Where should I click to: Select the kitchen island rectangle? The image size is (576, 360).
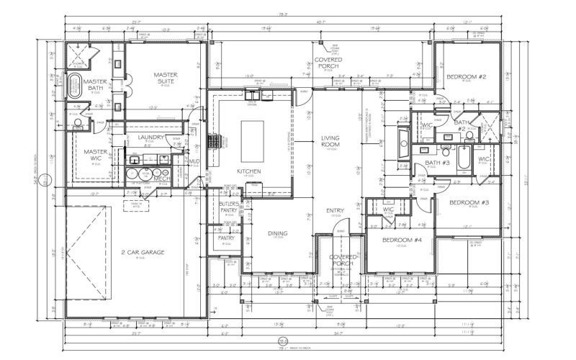coord(252,141)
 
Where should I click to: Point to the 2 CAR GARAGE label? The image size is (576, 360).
coord(143,253)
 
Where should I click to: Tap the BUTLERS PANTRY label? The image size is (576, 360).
coord(229,208)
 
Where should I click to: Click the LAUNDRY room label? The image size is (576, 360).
coord(149,138)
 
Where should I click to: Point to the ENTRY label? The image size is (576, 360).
coord(335,211)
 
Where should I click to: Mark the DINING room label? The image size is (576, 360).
coord(277,233)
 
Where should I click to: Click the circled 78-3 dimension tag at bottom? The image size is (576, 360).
coord(283,341)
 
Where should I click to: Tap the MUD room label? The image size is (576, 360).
coord(194,161)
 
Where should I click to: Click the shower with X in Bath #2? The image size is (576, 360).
coord(489,127)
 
